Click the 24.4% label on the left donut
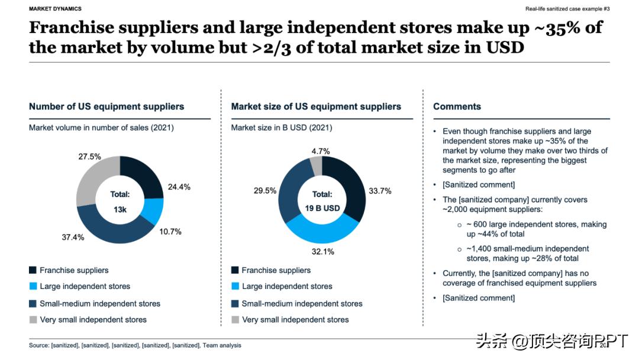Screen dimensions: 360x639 click(179, 187)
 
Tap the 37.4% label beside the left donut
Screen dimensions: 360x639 click(73, 237)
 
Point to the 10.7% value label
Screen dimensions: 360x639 click(170, 231)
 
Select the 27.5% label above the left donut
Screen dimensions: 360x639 click(89, 157)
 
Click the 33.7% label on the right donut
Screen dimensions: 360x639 click(379, 191)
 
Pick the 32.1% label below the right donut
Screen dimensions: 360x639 click(323, 252)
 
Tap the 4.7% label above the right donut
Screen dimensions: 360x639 click(321, 152)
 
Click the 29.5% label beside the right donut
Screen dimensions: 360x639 click(264, 191)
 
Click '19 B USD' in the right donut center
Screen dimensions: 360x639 click(322, 208)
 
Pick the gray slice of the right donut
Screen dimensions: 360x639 click(317, 166)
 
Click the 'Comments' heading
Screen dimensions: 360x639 click(457, 107)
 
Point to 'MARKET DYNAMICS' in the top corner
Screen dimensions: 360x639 click(55, 9)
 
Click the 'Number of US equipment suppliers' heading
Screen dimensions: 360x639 click(106, 107)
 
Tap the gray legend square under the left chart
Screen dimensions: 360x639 click(33, 320)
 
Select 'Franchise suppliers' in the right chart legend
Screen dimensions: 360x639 click(276, 271)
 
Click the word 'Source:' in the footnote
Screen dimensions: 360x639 click(39, 345)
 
